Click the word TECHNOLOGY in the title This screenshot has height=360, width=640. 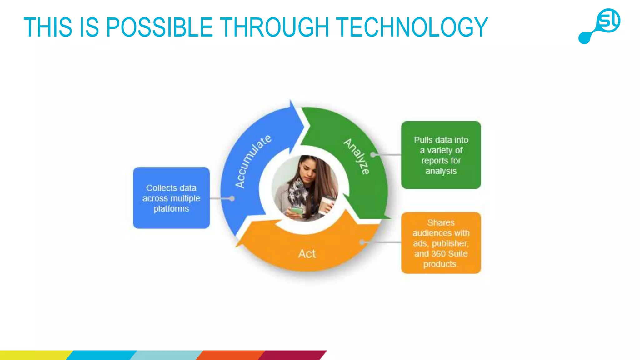coord(412,27)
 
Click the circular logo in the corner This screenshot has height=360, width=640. coord(608,21)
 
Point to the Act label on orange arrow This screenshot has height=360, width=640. coord(307,254)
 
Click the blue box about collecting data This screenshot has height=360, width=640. coord(171,198)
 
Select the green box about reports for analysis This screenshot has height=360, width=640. coord(441,155)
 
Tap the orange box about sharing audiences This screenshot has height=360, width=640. coord(441,243)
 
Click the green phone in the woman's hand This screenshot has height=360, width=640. coord(297,211)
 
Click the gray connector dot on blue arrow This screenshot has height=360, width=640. coord(232,198)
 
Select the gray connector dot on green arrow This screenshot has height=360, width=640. coord(373,155)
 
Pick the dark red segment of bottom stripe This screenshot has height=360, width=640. coord(292,355)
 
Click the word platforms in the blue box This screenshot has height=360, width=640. coord(171,209)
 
